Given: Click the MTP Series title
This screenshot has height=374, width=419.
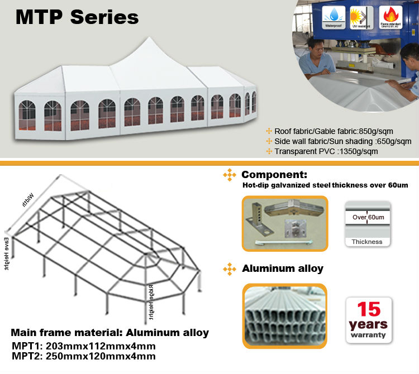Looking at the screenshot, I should pyautogui.click(x=77, y=17).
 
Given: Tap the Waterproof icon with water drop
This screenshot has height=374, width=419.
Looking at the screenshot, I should pyautogui.click(x=334, y=16).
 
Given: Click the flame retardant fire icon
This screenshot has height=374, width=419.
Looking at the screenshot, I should pyautogui.click(x=390, y=16).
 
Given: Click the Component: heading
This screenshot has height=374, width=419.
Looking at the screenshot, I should pyautogui.click(x=274, y=175).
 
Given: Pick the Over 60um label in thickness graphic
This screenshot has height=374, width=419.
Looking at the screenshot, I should pyautogui.click(x=367, y=217).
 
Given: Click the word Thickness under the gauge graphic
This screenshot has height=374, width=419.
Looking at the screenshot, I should pyautogui.click(x=367, y=242).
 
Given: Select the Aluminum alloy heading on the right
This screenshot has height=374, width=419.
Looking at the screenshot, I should pyautogui.click(x=283, y=268).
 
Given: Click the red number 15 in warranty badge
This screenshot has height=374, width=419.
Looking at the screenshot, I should pyautogui.click(x=369, y=308).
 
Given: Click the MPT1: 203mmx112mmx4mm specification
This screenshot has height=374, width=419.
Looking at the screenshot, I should pyautogui.click(x=83, y=346).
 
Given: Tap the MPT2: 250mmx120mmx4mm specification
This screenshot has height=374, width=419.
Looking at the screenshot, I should pyautogui.click(x=83, y=356).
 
